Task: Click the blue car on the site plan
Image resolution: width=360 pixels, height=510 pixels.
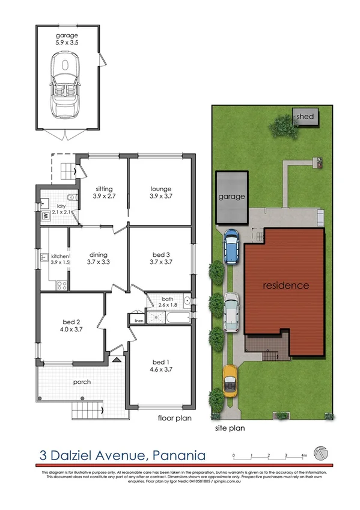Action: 233,247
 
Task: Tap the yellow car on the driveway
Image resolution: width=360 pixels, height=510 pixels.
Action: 229,379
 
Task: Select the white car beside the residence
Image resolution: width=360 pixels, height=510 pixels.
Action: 232,312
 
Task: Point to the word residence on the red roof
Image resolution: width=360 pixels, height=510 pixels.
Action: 286,285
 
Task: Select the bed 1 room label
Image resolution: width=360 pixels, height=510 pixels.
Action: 159,361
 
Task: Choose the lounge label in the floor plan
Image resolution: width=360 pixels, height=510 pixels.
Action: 160,188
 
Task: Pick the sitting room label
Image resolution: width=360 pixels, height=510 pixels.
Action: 104,188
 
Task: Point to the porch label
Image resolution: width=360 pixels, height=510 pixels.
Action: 82,381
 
